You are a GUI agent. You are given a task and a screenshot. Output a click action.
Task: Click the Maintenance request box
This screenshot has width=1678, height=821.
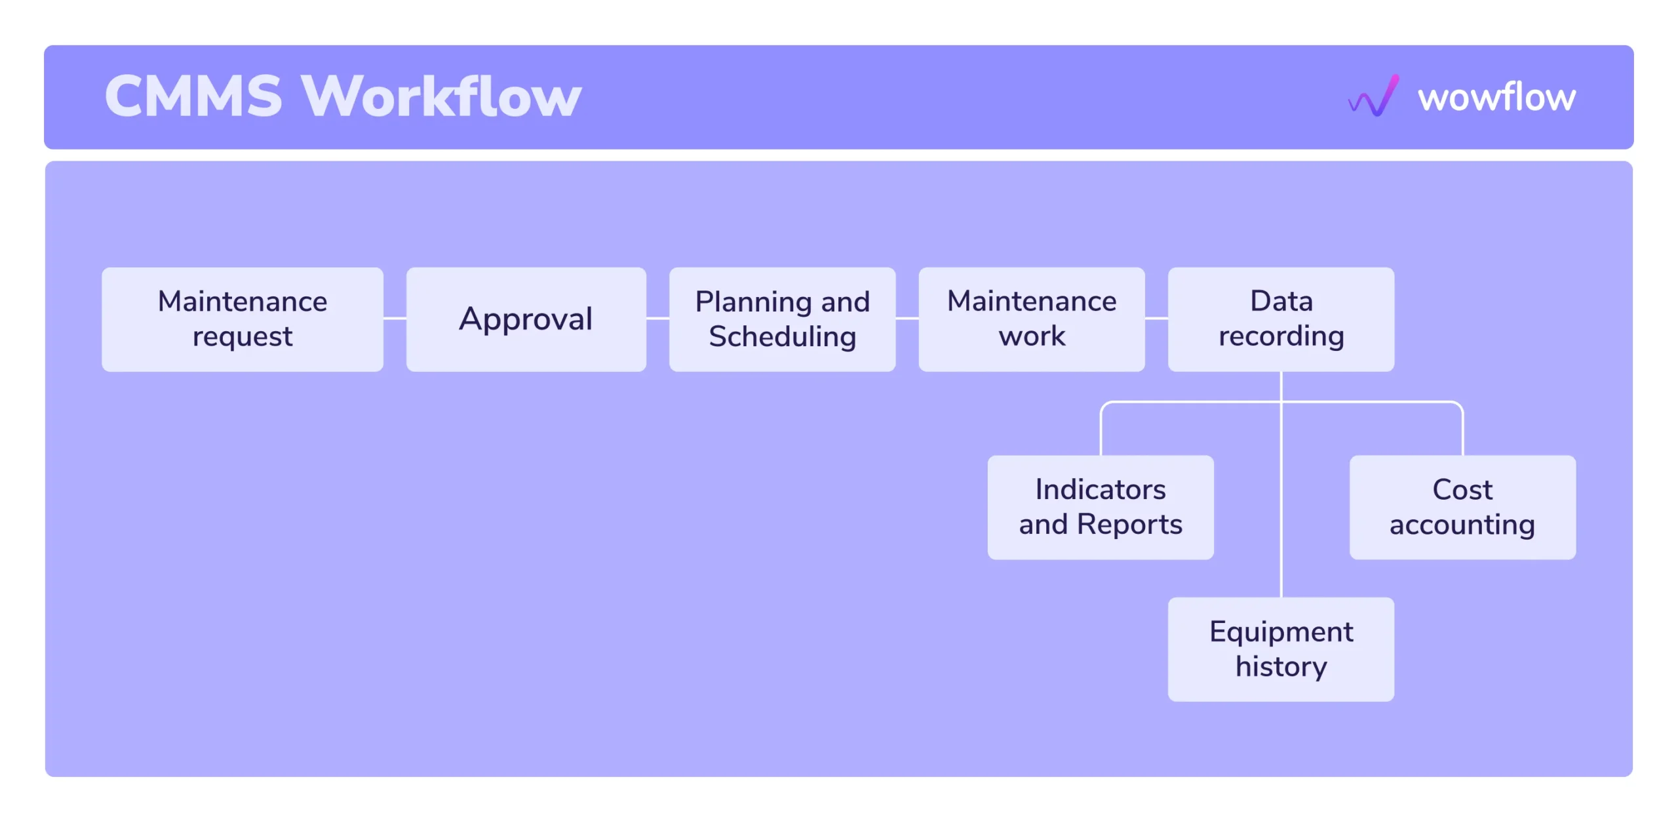243,319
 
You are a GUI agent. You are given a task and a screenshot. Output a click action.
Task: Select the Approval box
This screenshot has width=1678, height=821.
526,319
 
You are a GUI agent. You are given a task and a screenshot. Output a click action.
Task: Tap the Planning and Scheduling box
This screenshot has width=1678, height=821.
782,319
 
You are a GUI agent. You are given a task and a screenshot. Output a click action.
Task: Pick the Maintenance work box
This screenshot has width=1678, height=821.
1032,319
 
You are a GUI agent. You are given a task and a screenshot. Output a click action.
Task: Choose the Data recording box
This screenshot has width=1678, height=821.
1281,319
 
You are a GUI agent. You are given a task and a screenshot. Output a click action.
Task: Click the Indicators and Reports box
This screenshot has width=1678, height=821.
1101,508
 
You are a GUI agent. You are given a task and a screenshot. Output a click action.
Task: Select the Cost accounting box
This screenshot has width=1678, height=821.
1462,508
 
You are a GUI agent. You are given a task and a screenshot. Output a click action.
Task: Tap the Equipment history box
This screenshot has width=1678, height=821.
1281,649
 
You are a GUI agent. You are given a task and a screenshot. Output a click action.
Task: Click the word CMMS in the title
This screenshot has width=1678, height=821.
194,96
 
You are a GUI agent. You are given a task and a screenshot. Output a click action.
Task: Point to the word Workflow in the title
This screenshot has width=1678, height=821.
441,96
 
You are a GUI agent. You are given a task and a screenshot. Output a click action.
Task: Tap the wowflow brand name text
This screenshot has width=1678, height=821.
1496,97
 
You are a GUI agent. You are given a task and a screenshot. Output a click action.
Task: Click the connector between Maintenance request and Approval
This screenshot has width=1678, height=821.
395,319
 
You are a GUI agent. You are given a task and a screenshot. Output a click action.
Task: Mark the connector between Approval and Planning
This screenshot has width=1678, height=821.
657,319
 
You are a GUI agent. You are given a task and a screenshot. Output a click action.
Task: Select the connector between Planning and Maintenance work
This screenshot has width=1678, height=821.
907,319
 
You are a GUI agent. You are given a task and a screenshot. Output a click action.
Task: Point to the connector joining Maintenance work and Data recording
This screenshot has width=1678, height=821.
1156,319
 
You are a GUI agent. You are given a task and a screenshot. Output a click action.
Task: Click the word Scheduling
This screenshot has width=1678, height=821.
782,337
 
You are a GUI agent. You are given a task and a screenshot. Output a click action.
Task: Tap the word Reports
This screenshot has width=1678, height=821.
1129,525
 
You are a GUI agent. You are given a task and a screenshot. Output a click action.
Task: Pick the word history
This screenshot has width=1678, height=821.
1281,667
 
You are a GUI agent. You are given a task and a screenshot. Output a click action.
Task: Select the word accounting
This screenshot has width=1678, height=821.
1462,525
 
